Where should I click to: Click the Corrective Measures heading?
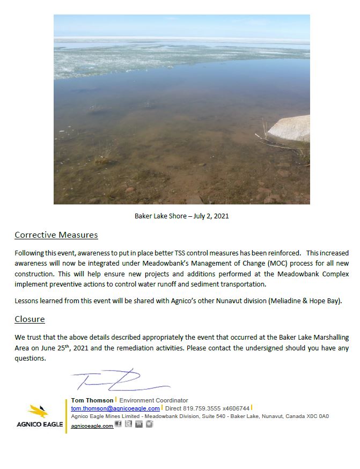point(56,235)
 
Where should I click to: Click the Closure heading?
point(30,319)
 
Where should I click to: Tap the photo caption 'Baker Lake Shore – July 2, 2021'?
point(181,216)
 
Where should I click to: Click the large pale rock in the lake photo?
point(290,128)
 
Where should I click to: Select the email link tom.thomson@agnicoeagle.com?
point(115,408)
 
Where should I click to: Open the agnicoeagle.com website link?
point(92,426)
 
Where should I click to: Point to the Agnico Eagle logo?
point(38,416)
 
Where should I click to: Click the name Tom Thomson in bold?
point(92,400)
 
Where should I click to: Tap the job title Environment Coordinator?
point(153,400)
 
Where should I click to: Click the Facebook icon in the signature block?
point(119,424)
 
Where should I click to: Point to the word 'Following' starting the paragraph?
point(29,253)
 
